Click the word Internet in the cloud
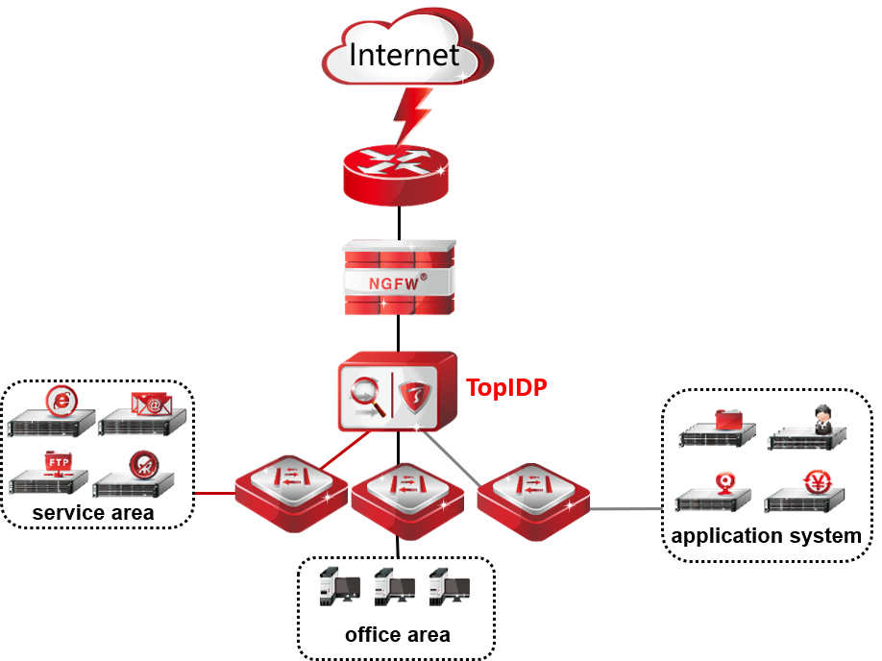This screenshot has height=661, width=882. point(404,54)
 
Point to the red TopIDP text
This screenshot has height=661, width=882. point(506,388)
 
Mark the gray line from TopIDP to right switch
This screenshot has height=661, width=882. point(452,457)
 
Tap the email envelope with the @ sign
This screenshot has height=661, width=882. point(151,403)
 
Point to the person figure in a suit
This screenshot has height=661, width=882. point(822,419)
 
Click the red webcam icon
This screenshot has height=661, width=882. point(727,480)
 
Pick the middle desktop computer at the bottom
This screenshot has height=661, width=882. point(394,586)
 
